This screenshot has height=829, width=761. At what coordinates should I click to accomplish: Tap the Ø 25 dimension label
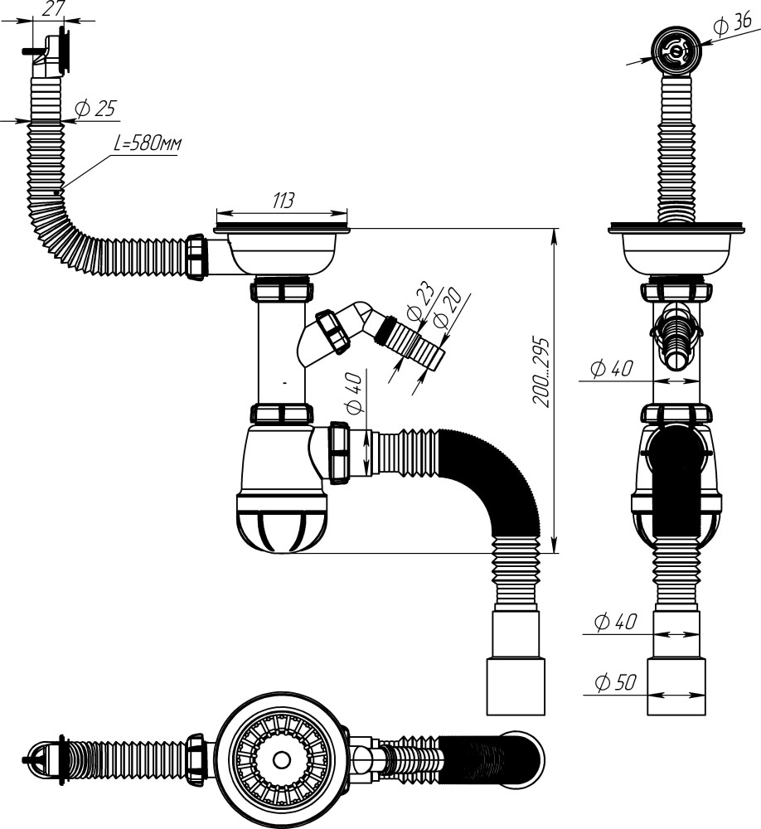click(x=95, y=109)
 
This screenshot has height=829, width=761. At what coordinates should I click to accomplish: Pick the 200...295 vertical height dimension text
click(x=540, y=371)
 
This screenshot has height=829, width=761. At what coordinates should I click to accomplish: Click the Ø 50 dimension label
click(x=614, y=684)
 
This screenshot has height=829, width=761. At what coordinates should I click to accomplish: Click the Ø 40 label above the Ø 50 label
click(x=614, y=621)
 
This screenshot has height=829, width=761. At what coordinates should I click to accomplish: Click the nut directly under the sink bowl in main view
click(x=283, y=291)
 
